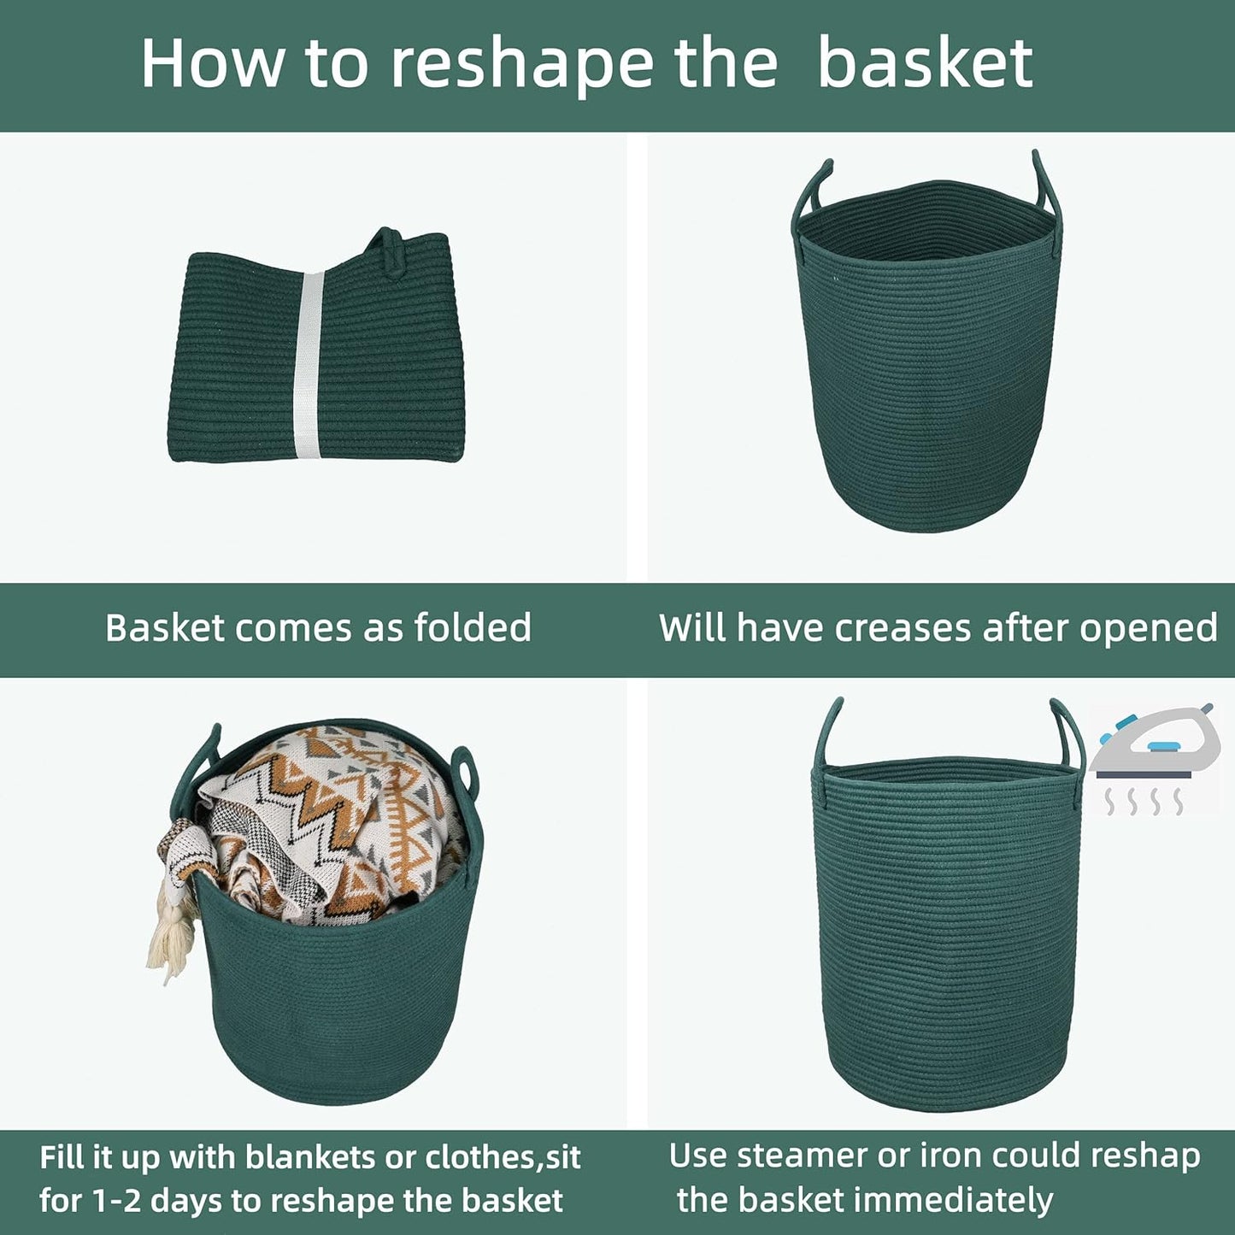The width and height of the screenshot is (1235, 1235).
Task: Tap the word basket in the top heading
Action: coord(925,63)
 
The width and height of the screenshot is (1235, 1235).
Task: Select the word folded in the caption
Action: coord(473,628)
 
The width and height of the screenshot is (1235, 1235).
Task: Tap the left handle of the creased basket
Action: coord(810,192)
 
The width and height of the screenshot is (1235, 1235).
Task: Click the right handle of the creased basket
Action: coord(1046,184)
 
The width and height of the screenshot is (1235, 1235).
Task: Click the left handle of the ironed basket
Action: coord(827,735)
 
